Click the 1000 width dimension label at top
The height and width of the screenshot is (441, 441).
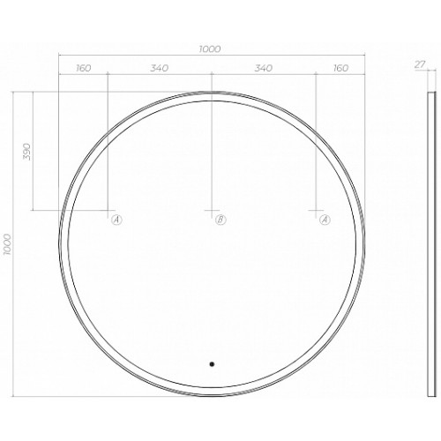pos(210,49)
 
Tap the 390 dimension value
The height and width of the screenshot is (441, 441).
pos(27,152)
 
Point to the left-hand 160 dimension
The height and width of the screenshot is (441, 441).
pos(84,68)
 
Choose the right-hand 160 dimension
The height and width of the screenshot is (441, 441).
pos(340,68)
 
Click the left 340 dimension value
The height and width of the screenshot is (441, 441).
pos(160,68)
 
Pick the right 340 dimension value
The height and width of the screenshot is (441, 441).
pos(264,68)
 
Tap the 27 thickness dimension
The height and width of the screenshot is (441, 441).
pos(420,64)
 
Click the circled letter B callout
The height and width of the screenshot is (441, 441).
pos(220,220)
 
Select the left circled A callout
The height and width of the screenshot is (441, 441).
pos(116,220)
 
